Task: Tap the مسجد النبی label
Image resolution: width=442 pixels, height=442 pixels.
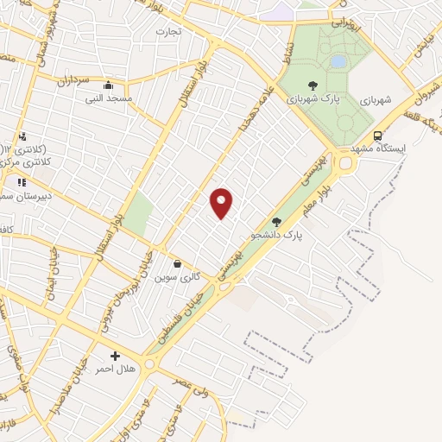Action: [x=107, y=99]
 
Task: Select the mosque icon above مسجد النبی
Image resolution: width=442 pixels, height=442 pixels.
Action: [x=107, y=85]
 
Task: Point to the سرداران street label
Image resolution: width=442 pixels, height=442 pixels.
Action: [x=74, y=80]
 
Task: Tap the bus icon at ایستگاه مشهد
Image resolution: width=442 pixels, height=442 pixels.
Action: [x=377, y=136]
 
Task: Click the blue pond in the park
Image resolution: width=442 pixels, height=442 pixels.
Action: [x=338, y=61]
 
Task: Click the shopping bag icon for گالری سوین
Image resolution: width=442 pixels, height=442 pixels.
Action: [x=177, y=264]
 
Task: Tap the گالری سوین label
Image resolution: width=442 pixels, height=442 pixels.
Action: [x=177, y=277]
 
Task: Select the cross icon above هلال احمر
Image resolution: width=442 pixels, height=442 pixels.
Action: [x=115, y=356]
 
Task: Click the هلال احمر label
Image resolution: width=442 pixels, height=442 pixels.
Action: [x=115, y=369]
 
